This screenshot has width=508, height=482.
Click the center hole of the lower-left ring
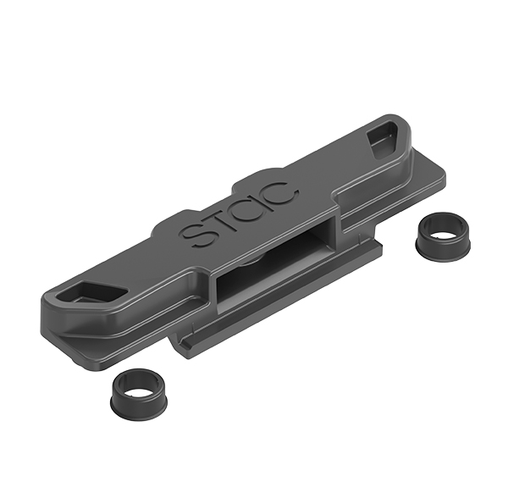(x=140, y=383)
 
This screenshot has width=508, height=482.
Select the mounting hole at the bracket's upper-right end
(x=382, y=140)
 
